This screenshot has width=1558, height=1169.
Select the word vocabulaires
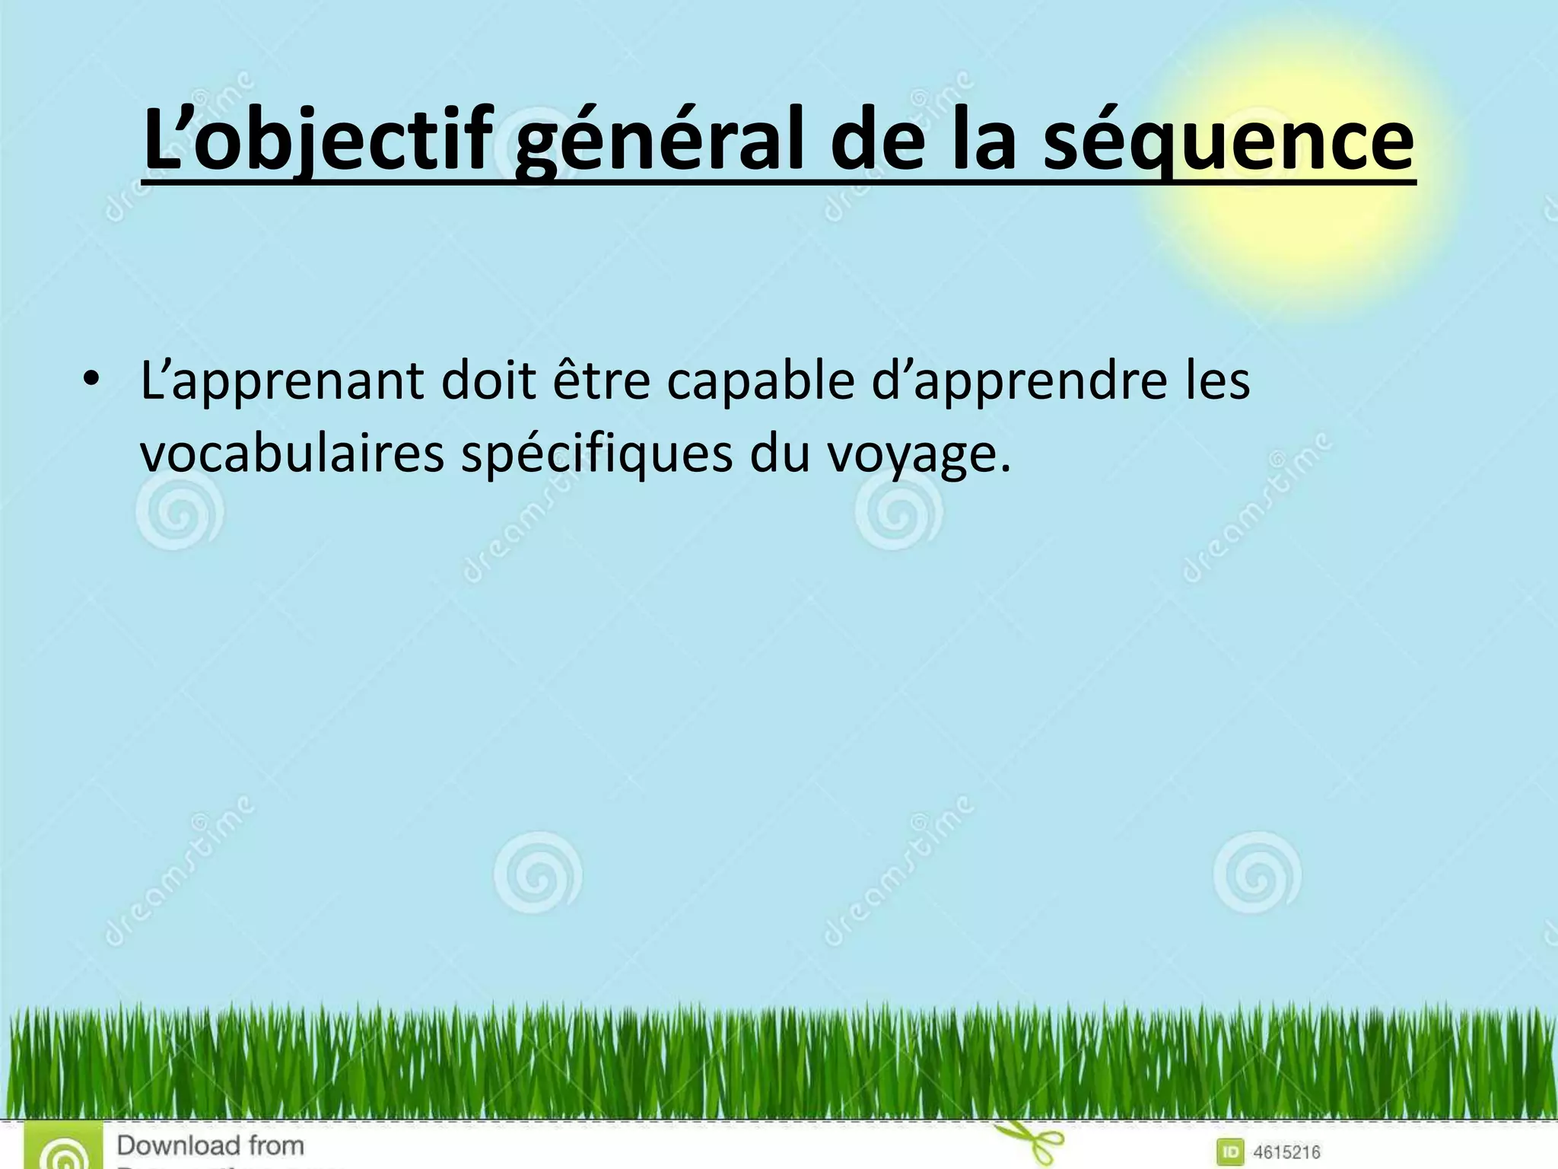click(x=292, y=454)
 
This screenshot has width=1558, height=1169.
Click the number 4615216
click(x=1286, y=1152)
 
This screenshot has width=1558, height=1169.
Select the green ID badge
click(x=1230, y=1151)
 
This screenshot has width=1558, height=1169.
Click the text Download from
click(x=210, y=1145)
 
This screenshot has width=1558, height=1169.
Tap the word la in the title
click(x=984, y=141)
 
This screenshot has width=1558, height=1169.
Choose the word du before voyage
click(x=780, y=454)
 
